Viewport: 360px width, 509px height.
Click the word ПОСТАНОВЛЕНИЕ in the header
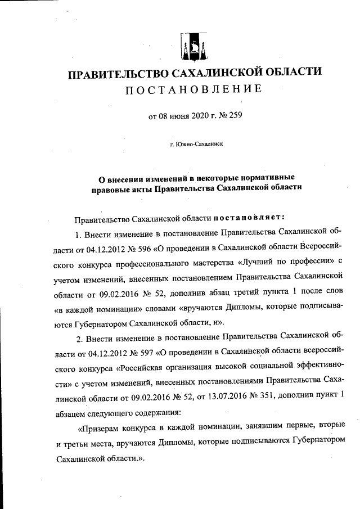pos(194,89)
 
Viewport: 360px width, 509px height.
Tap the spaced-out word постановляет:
pos(250,217)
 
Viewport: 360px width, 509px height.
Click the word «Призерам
pos(98,425)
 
